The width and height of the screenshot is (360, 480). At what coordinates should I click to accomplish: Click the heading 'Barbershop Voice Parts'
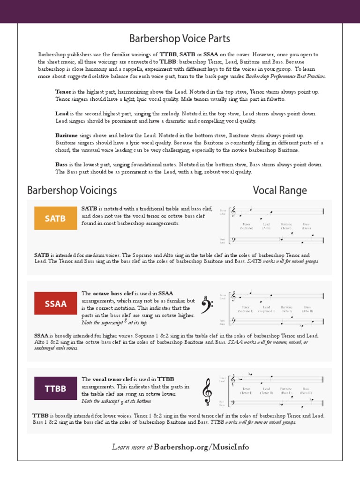click(x=180, y=38)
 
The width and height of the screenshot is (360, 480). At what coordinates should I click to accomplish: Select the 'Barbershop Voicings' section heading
click(x=72, y=190)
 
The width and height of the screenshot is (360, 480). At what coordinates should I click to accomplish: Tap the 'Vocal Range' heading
click(x=280, y=190)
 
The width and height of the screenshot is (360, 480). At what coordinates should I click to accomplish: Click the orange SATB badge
click(x=55, y=218)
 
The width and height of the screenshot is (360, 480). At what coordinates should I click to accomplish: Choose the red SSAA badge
click(x=55, y=303)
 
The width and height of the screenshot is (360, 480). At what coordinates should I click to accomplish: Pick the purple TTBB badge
click(x=55, y=389)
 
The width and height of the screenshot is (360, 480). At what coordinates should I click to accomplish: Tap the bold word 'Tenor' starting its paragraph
click(x=63, y=92)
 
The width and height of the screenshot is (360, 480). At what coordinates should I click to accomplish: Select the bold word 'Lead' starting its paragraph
click(x=62, y=114)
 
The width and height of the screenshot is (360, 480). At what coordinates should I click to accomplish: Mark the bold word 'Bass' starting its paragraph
click(x=61, y=165)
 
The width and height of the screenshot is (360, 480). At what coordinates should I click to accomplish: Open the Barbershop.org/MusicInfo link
click(x=202, y=447)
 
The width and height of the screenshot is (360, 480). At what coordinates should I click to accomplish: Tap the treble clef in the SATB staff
click(x=233, y=212)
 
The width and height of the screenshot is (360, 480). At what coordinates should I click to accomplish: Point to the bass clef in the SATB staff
click(x=234, y=240)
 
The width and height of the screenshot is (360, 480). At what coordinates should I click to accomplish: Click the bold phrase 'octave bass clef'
click(x=114, y=293)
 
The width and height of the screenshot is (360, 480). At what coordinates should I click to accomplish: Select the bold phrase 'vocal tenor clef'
click(x=114, y=379)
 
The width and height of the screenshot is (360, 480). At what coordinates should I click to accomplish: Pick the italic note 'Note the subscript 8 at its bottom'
click(x=116, y=402)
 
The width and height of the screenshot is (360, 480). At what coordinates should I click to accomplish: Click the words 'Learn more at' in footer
click(x=132, y=447)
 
